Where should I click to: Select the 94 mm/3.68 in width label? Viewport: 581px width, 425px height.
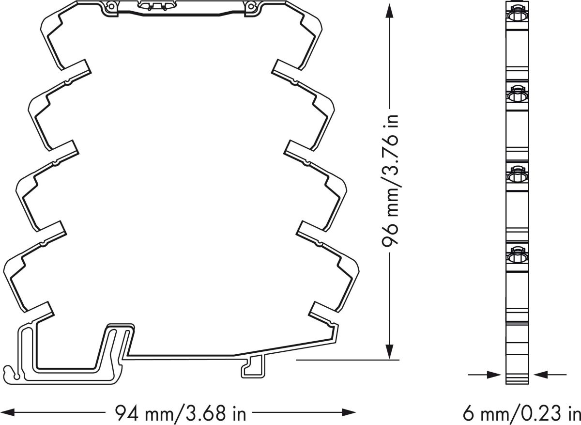click(x=180, y=413)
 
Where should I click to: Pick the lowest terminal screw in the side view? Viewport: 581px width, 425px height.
click(x=516, y=253)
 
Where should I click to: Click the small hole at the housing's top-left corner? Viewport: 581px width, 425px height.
click(x=111, y=6)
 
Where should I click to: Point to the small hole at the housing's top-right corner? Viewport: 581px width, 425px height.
click(x=251, y=6)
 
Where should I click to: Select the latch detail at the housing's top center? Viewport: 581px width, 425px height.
click(x=155, y=6)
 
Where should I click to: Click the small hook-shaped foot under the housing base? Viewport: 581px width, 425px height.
click(x=252, y=367)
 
